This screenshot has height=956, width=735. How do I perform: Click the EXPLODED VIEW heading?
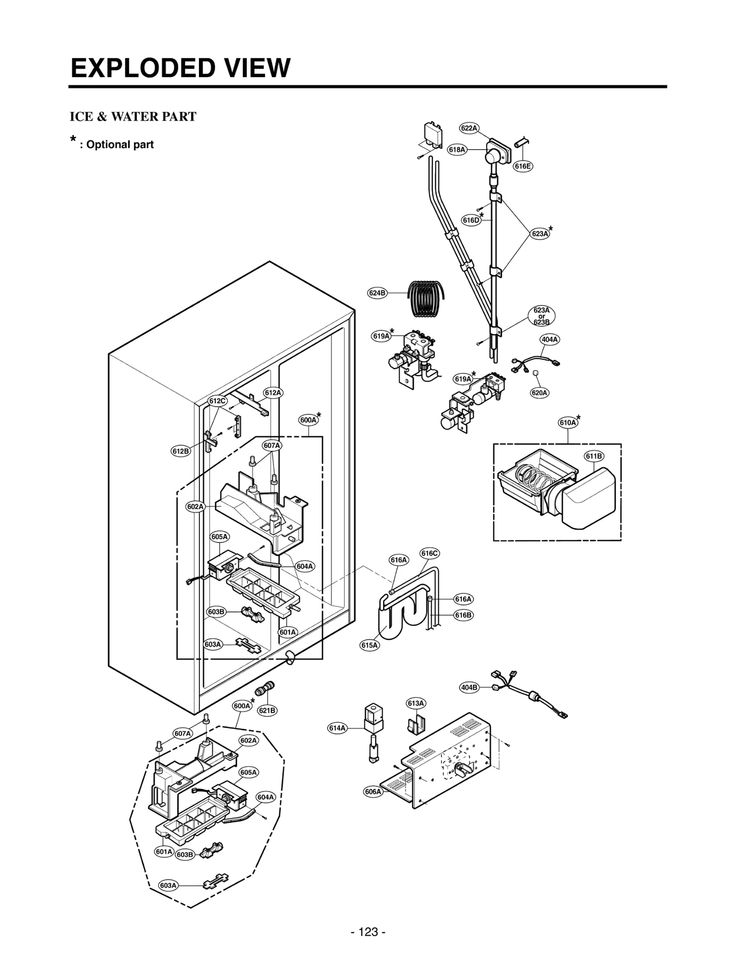[x=181, y=68]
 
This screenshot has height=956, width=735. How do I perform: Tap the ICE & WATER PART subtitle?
[x=133, y=117]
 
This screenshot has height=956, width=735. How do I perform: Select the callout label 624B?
[x=378, y=293]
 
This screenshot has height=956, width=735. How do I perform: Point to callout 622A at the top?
[x=469, y=128]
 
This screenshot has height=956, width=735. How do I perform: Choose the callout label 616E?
[x=523, y=166]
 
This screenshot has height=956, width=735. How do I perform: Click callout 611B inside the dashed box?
[x=594, y=456]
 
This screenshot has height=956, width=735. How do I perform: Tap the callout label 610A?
[x=568, y=423]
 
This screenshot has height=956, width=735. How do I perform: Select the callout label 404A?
[x=550, y=340]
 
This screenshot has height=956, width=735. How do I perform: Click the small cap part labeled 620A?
[x=535, y=375]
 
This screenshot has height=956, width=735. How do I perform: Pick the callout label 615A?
[x=370, y=645]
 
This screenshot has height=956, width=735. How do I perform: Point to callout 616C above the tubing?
[x=430, y=553]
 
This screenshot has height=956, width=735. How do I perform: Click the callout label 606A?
[x=373, y=791]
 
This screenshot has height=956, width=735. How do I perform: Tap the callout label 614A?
[x=338, y=727]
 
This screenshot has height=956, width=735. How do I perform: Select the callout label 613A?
[x=416, y=703]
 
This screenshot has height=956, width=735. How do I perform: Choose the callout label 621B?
[x=267, y=710]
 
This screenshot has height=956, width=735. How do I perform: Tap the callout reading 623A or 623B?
[x=542, y=316]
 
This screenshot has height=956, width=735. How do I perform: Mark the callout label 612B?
[x=181, y=451]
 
